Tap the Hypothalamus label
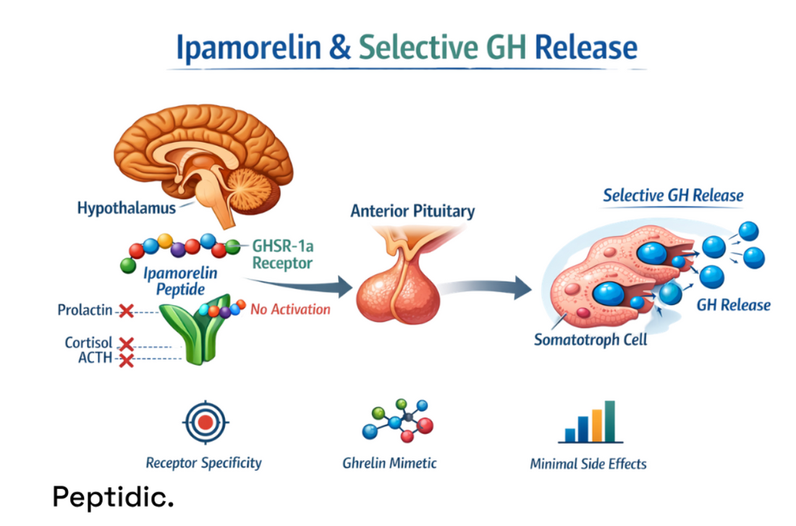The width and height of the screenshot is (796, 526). [x=127, y=209]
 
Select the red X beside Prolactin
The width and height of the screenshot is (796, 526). [x=126, y=311]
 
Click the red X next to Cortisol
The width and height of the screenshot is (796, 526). [x=126, y=343]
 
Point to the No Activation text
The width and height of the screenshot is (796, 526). [x=290, y=309]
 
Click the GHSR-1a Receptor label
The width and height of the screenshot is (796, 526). [x=282, y=254]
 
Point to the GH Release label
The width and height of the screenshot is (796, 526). [x=733, y=304]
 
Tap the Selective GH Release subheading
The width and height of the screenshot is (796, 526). [x=673, y=196]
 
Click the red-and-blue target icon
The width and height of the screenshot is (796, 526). [x=206, y=422]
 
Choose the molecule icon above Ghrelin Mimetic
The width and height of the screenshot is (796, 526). [x=396, y=423]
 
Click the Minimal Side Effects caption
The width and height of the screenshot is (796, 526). [x=588, y=464]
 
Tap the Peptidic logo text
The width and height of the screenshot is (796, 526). [x=113, y=497]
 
